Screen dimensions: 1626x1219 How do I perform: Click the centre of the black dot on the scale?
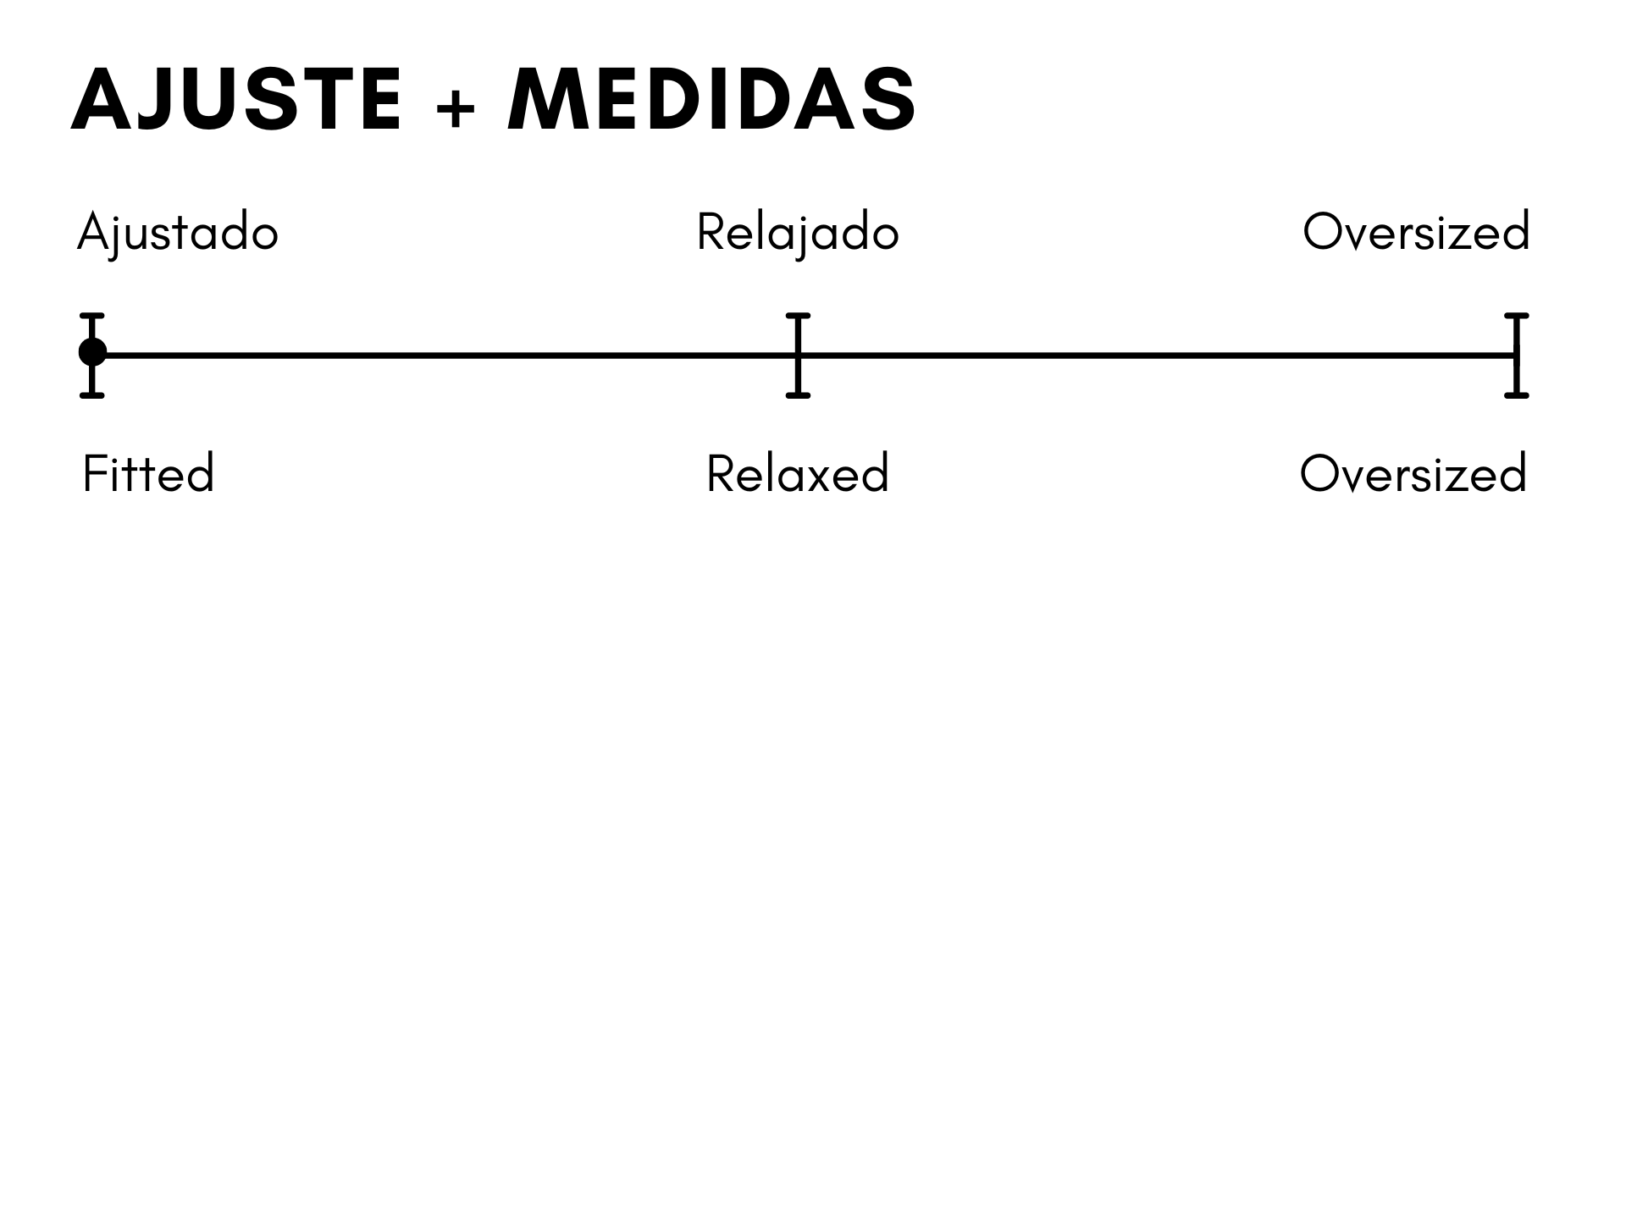92,352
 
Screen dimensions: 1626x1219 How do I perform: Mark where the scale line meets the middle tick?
798,356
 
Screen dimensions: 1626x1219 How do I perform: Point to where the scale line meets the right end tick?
1516,356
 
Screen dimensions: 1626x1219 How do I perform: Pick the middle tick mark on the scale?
798,356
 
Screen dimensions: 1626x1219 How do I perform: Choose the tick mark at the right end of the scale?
1516,356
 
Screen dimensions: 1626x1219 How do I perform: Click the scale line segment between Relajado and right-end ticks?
1157,356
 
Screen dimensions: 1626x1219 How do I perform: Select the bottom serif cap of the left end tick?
92,395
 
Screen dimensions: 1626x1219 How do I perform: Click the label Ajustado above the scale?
178,233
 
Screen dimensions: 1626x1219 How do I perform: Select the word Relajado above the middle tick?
797,233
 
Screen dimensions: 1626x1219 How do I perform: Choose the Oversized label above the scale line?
1416,232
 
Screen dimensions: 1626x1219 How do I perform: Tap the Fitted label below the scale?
148,473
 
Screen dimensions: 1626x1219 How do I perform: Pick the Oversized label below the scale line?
1413,473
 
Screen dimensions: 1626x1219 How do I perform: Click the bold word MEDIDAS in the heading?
711,100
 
